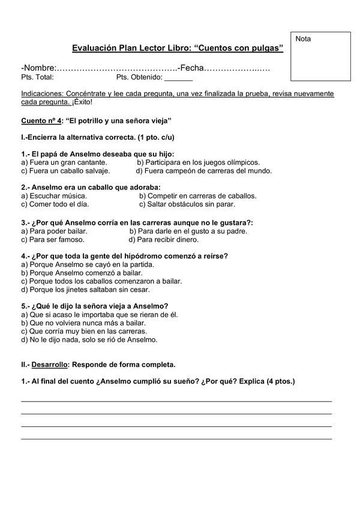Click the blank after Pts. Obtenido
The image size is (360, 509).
click(178, 78)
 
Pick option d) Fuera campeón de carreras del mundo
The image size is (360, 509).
click(204, 170)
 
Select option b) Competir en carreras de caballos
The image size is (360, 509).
click(197, 195)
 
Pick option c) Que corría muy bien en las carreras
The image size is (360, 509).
click(83, 331)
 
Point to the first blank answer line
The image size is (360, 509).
click(176, 400)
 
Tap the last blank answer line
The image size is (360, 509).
click(176, 439)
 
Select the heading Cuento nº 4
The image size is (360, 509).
click(41, 120)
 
